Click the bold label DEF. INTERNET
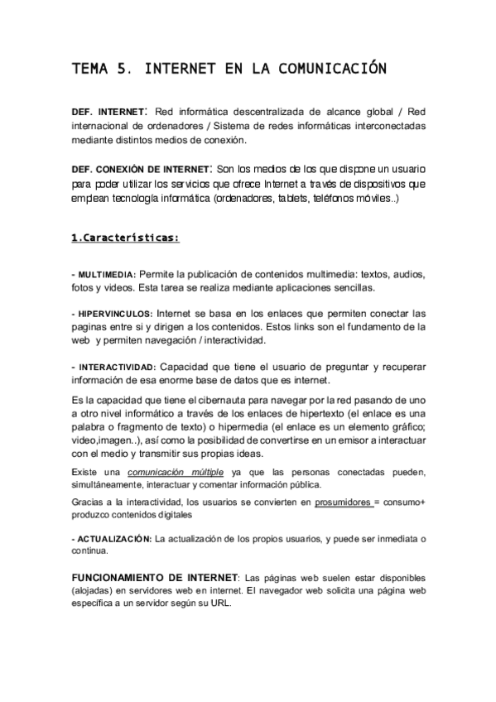108,111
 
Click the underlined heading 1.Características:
125,238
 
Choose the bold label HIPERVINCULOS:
114,314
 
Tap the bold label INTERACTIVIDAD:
117,366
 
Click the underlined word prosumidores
344,502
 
